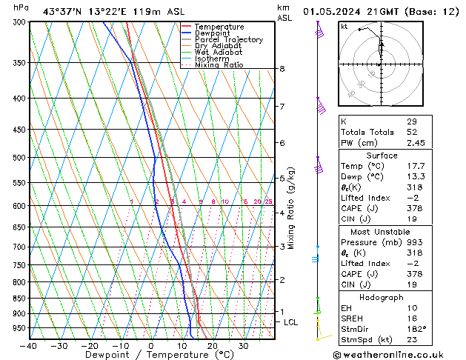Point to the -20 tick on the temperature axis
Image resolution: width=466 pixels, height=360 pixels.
click(x=90, y=345)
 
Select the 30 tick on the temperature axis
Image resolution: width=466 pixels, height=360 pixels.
click(x=243, y=345)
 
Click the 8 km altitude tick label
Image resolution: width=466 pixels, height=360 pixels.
click(x=282, y=69)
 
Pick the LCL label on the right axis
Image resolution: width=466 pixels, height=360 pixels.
click(x=290, y=322)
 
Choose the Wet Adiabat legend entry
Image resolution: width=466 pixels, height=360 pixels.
click(x=218, y=52)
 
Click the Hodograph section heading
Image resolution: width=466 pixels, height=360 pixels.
click(x=382, y=297)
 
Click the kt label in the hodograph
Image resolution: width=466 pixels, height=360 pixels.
click(x=344, y=26)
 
